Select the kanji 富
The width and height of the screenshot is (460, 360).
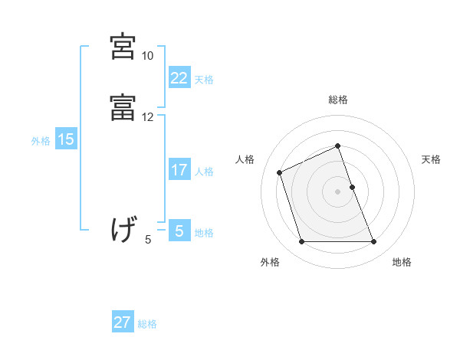(x=123, y=108)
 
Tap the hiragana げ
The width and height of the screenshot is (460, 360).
(x=123, y=229)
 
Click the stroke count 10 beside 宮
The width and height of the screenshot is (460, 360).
(x=147, y=57)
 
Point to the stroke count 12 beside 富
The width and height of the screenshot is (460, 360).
(x=147, y=117)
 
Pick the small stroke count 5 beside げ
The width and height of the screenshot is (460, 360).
(x=148, y=240)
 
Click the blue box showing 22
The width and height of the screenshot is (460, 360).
(x=179, y=78)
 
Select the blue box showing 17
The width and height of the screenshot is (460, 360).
(x=179, y=170)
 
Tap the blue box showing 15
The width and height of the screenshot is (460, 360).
(x=65, y=139)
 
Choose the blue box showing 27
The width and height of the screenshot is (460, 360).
(x=123, y=322)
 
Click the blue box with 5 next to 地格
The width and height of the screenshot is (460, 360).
(x=179, y=231)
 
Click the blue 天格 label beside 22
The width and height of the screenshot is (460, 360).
(x=204, y=80)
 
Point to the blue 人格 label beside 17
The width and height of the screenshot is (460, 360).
(x=204, y=172)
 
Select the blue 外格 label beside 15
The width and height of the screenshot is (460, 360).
(x=41, y=140)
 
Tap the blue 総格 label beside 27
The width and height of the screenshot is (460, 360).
(x=147, y=324)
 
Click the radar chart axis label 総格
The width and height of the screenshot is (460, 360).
(x=337, y=100)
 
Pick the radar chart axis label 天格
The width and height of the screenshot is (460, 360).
(x=431, y=159)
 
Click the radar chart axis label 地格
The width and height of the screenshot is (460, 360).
(x=402, y=263)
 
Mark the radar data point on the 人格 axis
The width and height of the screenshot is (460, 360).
(x=281, y=172)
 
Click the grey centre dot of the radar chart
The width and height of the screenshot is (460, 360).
(x=337, y=190)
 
